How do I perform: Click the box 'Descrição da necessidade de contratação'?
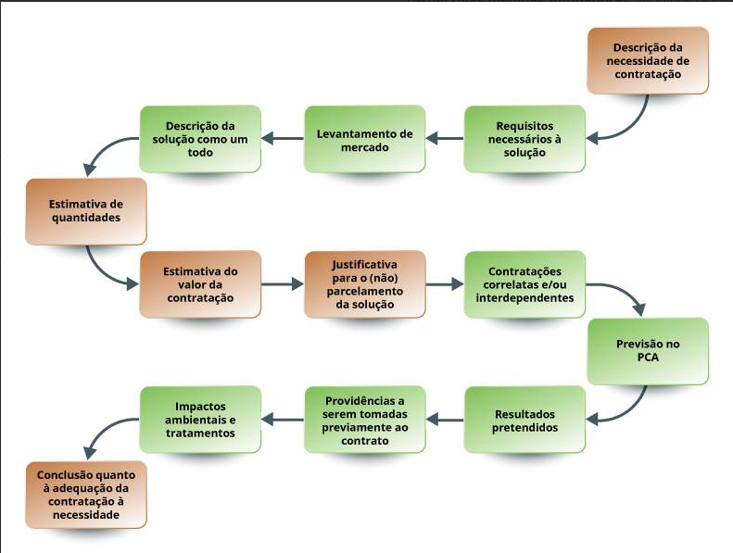tap(648, 60)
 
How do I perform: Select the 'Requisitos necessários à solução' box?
tap(524, 138)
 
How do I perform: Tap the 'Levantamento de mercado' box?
tap(365, 139)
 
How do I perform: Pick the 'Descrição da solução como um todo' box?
tap(200, 138)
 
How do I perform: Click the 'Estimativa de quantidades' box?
tap(85, 211)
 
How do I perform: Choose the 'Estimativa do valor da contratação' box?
tap(200, 284)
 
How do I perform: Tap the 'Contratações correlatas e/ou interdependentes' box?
tap(524, 284)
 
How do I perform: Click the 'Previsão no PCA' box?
tap(648, 350)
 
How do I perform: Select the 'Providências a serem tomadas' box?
tap(365, 420)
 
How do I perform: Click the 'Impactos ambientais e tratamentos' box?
tap(200, 420)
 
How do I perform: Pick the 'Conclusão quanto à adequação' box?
tap(85, 493)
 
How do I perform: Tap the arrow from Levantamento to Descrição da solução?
tap(283, 139)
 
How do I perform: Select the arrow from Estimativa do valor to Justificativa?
tap(283, 284)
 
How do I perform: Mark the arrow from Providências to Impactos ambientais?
tap(283, 420)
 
